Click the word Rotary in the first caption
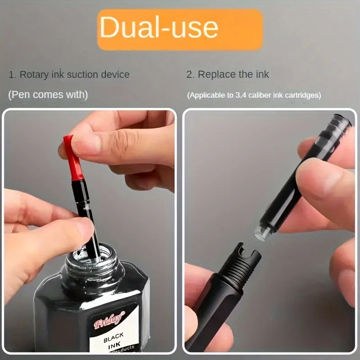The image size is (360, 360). [x=33, y=75]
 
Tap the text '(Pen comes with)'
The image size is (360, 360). [x=48, y=95]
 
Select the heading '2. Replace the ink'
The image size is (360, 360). [x=228, y=75]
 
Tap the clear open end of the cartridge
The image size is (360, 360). [x=261, y=231]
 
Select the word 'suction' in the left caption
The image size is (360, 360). [x=82, y=75]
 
